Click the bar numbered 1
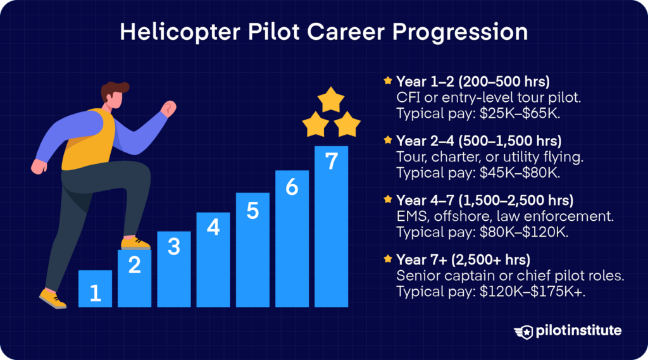click(x=95, y=289)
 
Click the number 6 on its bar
click(x=292, y=188)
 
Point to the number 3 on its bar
click(x=173, y=247)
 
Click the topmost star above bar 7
click(x=330, y=100)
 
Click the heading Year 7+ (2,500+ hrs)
click(x=463, y=260)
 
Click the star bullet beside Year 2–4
click(x=387, y=139)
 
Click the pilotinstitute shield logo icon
click(x=524, y=331)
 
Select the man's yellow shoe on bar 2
click(x=135, y=243)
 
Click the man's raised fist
click(x=168, y=108)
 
